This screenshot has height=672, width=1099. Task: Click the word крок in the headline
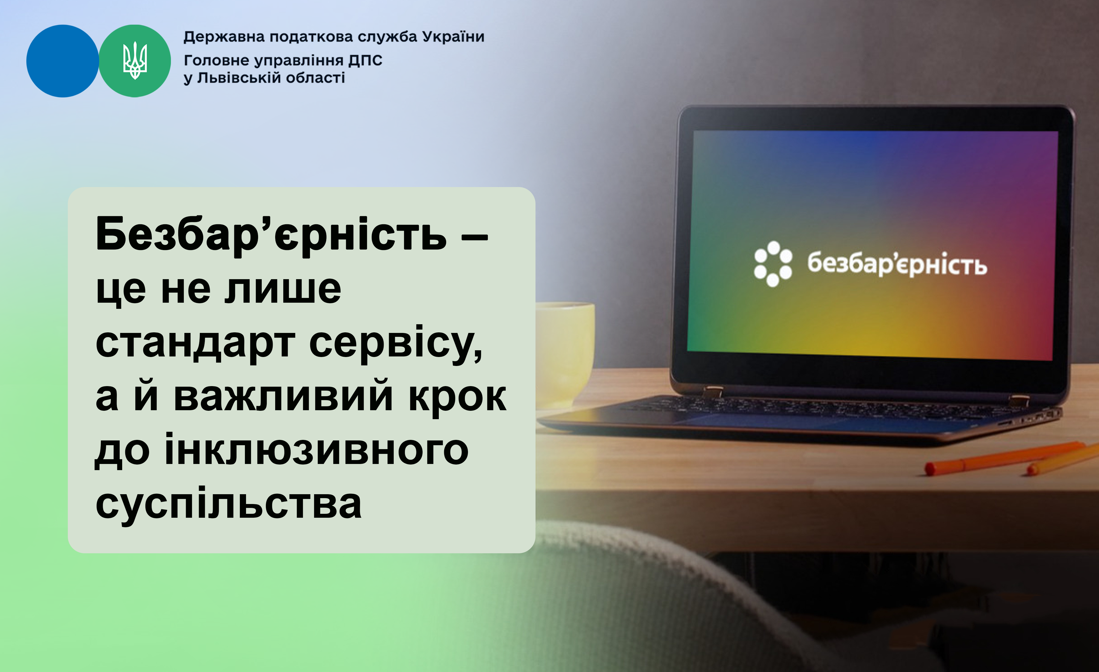[457, 398]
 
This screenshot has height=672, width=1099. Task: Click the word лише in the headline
[283, 289]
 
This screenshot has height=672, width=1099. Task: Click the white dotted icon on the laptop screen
[773, 264]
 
